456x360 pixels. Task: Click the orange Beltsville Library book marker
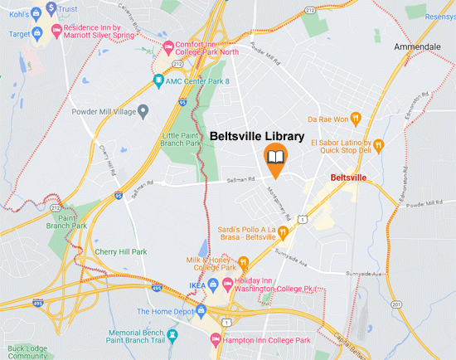(275, 158)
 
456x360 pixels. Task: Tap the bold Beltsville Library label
(255, 136)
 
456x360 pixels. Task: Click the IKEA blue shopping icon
(213, 286)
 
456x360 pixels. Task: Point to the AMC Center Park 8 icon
(158, 80)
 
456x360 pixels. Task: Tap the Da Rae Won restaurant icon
(355, 119)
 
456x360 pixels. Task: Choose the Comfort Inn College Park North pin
(169, 46)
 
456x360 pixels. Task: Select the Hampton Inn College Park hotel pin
(216, 340)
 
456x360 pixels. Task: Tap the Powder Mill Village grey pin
(143, 109)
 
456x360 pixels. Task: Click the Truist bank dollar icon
(51, 8)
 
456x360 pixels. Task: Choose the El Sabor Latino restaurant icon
(378, 146)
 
